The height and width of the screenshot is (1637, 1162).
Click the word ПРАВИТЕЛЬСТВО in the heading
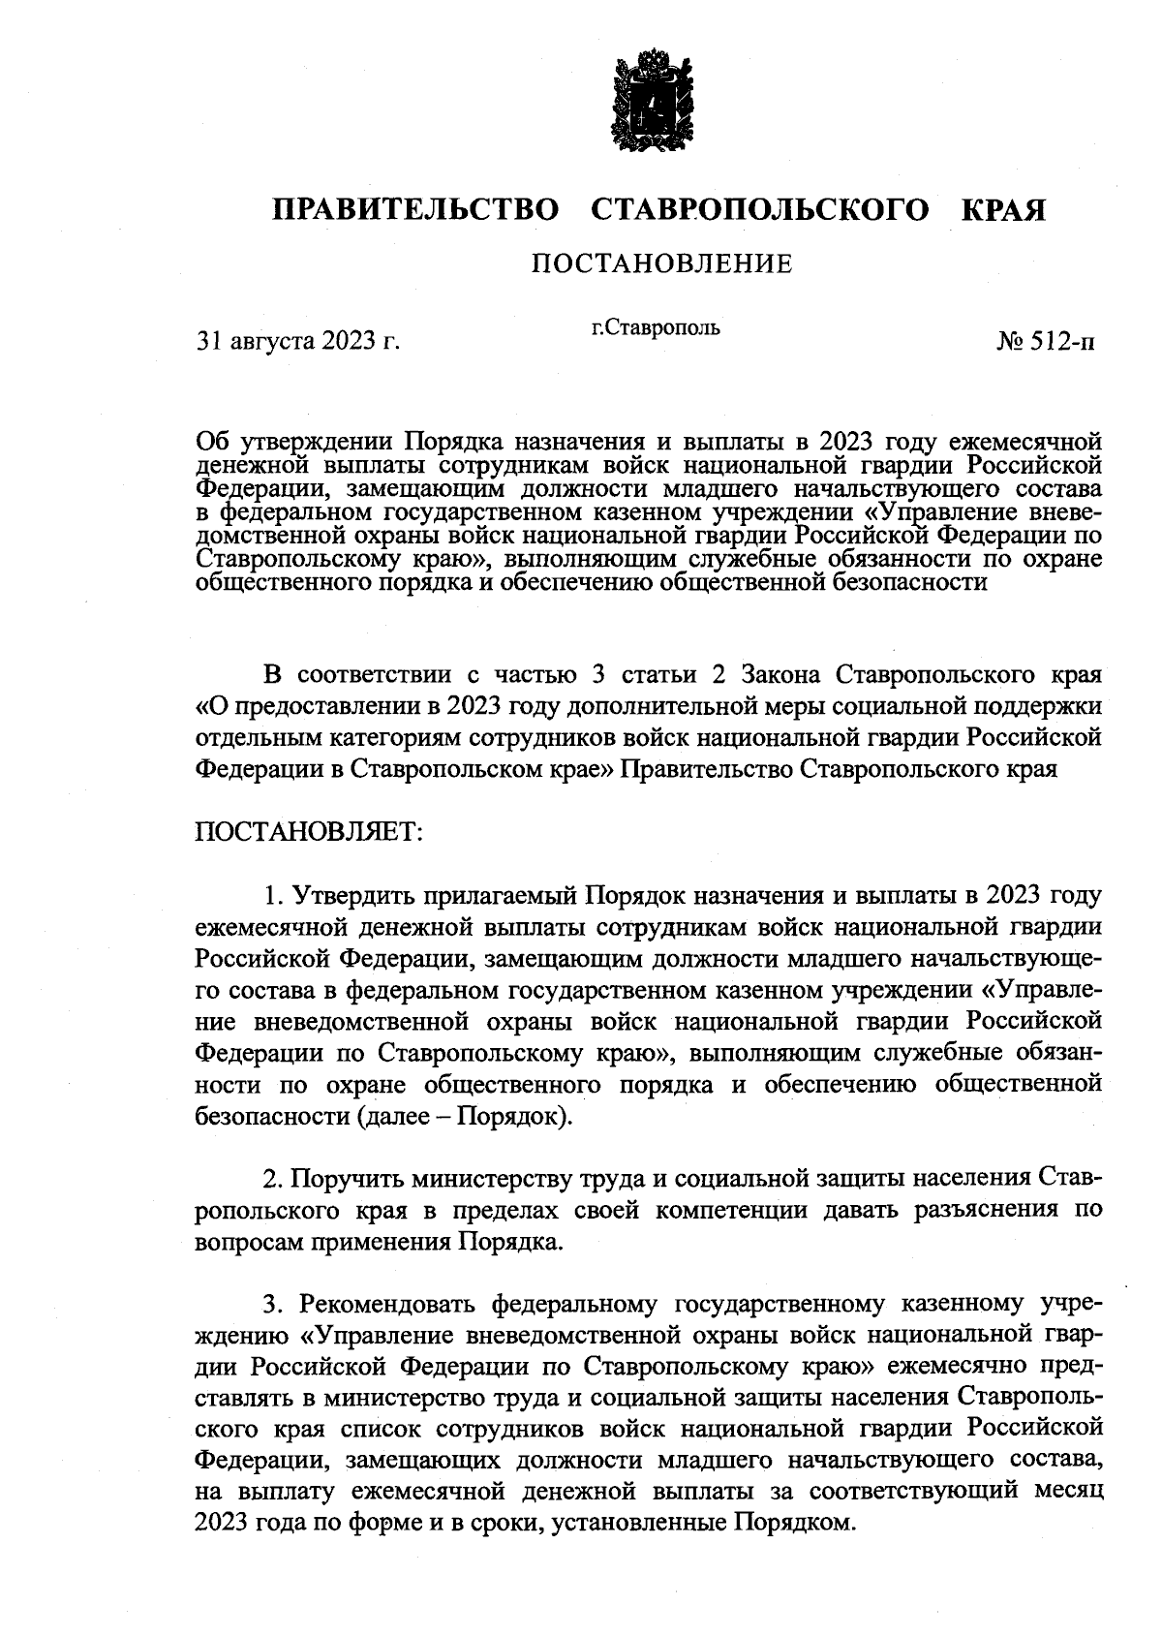pyautogui.click(x=416, y=210)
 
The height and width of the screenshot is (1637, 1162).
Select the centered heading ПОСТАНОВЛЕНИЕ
pyautogui.click(x=662, y=263)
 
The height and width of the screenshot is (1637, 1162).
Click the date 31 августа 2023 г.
pyautogui.click(x=298, y=341)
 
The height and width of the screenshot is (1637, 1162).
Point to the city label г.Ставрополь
pyautogui.click(x=656, y=327)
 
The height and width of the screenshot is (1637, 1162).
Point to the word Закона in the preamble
pyautogui.click(x=783, y=674)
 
